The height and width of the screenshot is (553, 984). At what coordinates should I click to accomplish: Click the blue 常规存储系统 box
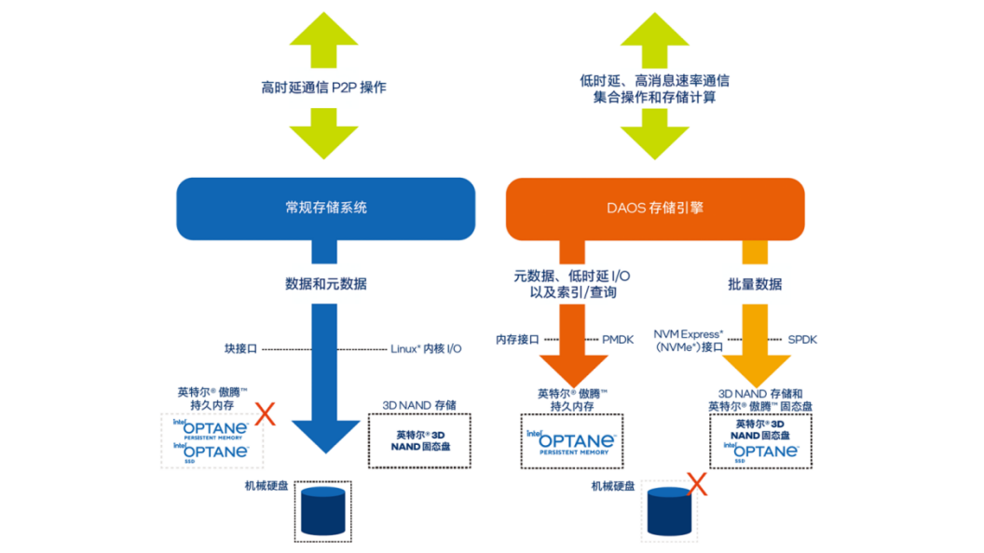click(x=325, y=208)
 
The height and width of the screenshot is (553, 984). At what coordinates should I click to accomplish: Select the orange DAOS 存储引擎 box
click(x=654, y=208)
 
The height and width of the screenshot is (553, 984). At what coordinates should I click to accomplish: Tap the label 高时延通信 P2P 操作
click(x=324, y=88)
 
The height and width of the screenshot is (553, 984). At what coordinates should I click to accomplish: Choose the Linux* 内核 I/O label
click(x=426, y=348)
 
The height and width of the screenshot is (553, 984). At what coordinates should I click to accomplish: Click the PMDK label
click(x=618, y=339)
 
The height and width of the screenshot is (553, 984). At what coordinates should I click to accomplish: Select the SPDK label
click(x=802, y=339)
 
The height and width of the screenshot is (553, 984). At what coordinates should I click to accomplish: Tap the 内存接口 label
click(x=517, y=339)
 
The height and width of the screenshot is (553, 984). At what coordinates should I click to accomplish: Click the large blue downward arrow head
click(x=325, y=432)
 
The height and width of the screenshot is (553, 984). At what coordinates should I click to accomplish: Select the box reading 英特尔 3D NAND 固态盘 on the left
click(x=419, y=440)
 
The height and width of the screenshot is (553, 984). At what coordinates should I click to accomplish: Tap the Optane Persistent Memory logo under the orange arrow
click(x=569, y=442)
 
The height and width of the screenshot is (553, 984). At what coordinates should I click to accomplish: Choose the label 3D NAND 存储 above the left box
click(x=419, y=404)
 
